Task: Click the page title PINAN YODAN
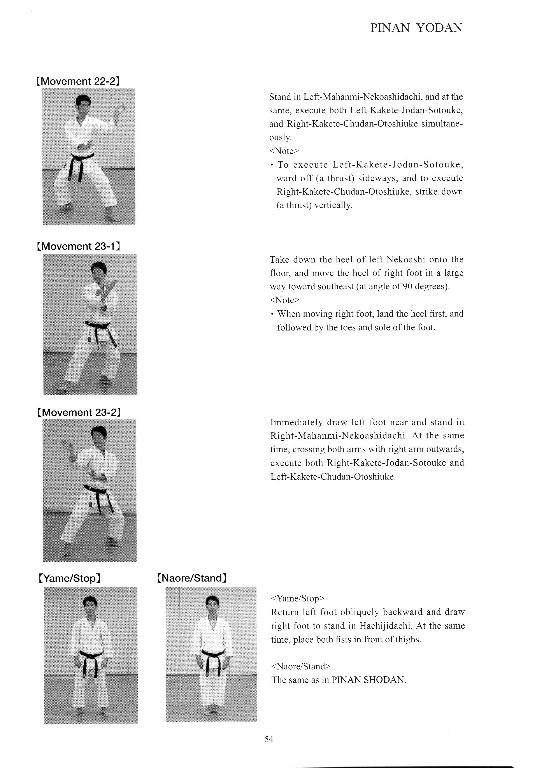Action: [x=416, y=28]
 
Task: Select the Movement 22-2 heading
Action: [x=78, y=82]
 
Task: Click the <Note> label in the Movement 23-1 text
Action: [x=284, y=300]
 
